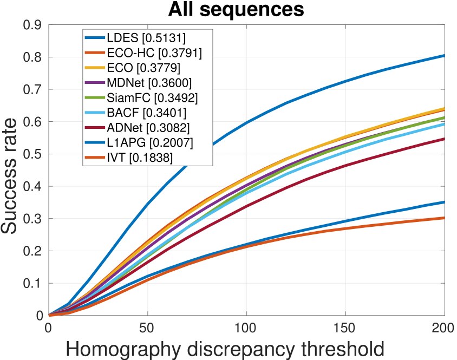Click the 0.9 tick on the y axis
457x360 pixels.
[33, 25]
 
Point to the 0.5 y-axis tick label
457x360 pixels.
[33, 154]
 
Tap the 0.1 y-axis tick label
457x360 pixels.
[33, 284]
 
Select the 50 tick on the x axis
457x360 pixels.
[147, 328]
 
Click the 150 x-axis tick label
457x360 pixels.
[345, 328]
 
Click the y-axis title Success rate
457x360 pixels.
[12, 171]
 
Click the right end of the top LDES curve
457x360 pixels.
[444, 56]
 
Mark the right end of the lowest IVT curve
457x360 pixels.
[444, 218]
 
